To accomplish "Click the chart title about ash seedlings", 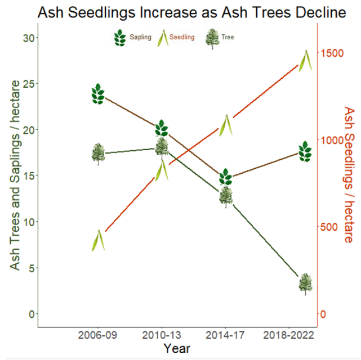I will coord(192,12).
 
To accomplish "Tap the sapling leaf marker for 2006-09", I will coord(98,94).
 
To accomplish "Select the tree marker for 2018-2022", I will coord(305,283).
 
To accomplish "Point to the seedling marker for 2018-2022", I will coord(305,60).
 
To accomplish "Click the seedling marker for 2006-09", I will coord(99,240).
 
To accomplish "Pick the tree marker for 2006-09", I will coord(98,154).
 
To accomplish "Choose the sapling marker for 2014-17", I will coord(225,177).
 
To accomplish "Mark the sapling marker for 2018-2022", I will coord(305,151).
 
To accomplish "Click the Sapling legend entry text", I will coord(140,38).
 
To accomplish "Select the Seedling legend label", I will coord(181,38).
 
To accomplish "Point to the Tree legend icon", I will coord(212,38).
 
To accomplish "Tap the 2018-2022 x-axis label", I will coord(287,336).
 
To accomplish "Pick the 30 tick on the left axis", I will coord(27,38).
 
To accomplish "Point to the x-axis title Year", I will coord(177,349).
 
